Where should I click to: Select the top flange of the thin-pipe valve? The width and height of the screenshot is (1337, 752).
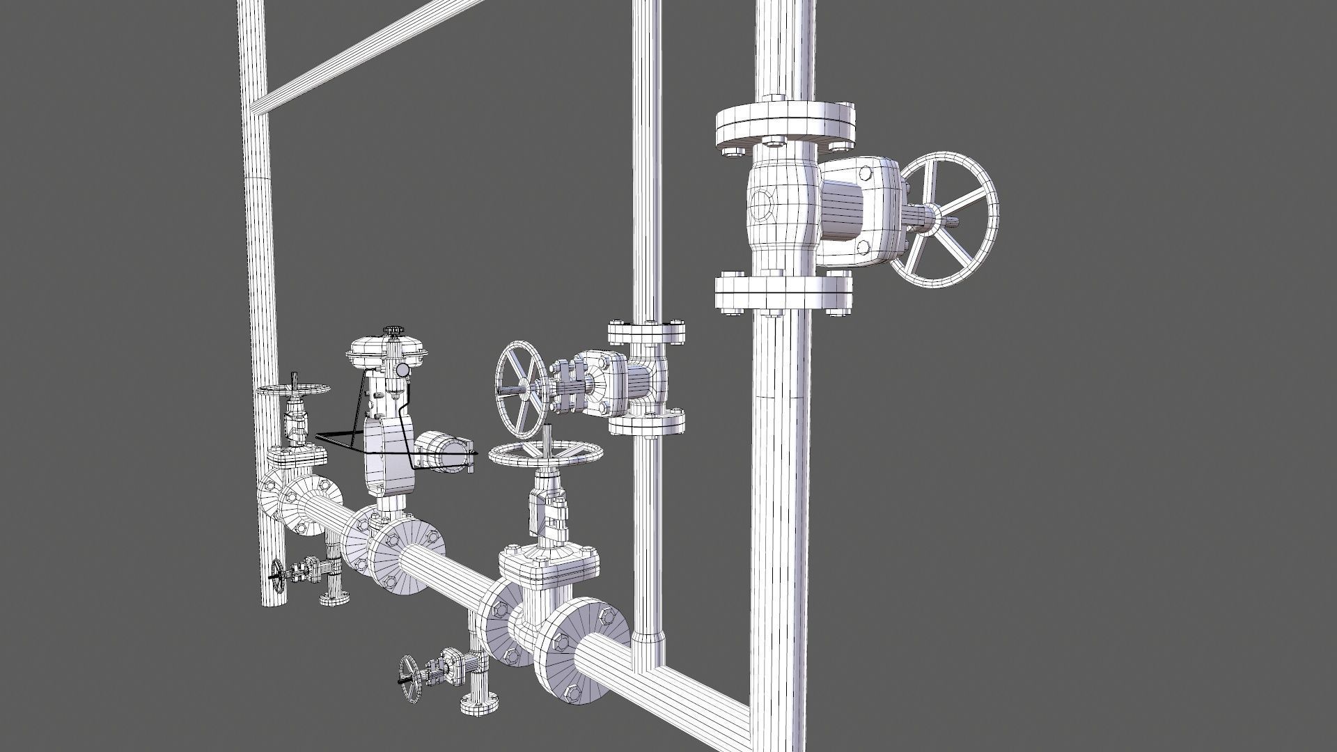point(646,333)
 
